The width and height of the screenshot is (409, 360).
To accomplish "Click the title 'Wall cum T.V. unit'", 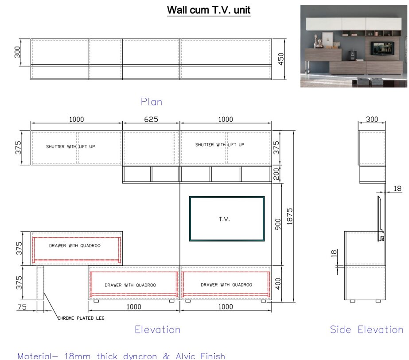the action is tap(209, 10).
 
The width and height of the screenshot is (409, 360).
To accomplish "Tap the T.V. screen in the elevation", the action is tap(227, 218).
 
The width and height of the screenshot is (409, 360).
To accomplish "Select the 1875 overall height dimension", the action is tap(289, 217).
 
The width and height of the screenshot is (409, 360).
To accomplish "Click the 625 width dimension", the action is tap(151, 119).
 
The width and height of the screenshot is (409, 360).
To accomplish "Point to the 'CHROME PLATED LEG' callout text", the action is tap(81, 318).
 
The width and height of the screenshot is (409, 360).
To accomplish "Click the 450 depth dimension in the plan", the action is tap(280, 59).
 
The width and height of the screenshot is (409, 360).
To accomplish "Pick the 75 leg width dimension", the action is tap(22, 307).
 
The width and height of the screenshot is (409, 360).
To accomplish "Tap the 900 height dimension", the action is tap(278, 225).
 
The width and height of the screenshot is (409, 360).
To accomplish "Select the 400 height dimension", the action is tap(278, 284).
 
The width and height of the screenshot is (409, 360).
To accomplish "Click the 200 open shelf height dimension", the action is tap(276, 174).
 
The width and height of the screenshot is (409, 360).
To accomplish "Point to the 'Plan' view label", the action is tap(152, 102).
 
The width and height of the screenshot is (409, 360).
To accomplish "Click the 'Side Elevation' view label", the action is tap(367, 329).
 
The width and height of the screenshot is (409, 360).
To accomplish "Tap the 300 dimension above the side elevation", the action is tap(372, 119).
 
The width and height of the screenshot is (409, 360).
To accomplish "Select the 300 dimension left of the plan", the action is tap(17, 52).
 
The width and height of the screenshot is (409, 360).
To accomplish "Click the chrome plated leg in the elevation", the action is tap(40, 283).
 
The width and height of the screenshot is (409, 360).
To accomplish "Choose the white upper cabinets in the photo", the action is tap(354, 24).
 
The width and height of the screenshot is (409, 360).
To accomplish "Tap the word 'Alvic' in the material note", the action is tap(186, 356).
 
